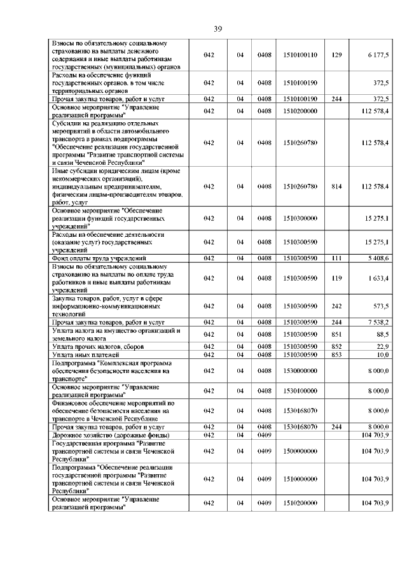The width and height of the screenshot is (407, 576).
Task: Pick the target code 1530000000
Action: [x=300, y=370]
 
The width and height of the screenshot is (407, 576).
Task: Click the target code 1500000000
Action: [x=300, y=451]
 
